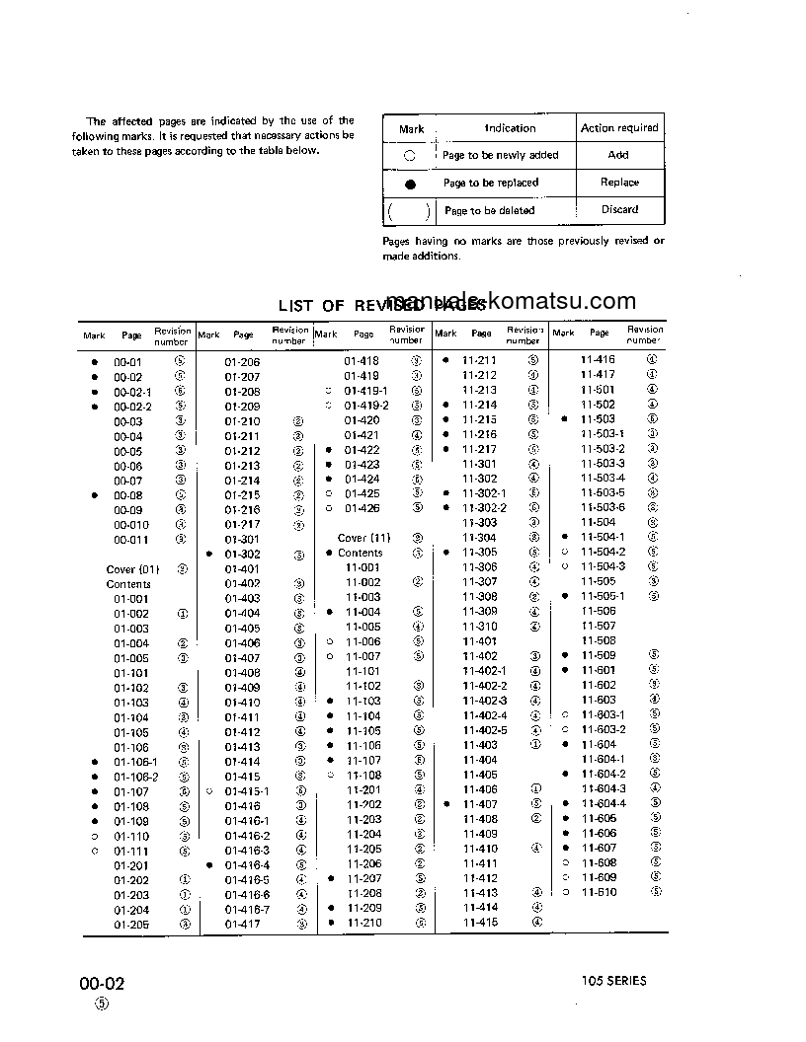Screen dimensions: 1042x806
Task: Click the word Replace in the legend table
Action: [619, 183]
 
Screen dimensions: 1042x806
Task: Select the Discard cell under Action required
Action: [619, 209]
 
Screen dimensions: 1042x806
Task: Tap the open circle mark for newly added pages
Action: [409, 156]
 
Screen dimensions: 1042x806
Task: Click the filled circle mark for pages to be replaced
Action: [410, 184]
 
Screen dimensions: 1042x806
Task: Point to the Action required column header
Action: [619, 128]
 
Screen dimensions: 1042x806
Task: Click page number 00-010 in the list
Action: [131, 525]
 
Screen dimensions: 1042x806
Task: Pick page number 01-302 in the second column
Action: [241, 555]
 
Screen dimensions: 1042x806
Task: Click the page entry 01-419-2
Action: [366, 406]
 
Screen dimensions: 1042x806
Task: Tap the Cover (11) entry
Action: [364, 539]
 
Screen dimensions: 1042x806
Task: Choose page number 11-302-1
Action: [484, 493]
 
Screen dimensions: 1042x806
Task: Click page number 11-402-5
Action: [484, 730]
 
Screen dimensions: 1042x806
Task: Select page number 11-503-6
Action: [603, 507]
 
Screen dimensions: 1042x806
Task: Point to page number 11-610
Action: [599, 892]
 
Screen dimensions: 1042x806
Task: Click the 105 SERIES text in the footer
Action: [613, 981]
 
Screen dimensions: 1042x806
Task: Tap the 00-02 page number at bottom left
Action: [103, 984]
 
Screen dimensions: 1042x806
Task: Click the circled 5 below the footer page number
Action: [101, 1005]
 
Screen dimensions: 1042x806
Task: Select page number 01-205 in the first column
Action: [130, 925]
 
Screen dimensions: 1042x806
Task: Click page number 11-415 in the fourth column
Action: [481, 923]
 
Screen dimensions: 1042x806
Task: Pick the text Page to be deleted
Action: [489, 211]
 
